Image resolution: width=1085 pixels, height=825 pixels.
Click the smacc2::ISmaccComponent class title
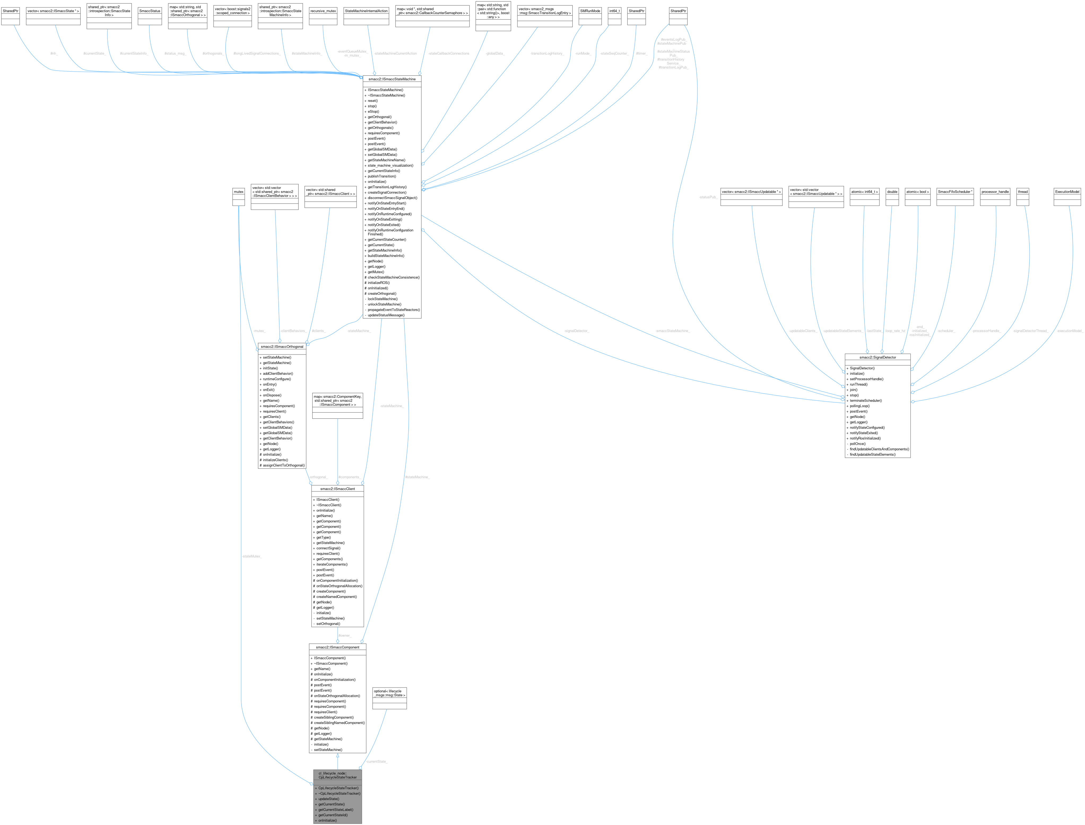tap(337, 647)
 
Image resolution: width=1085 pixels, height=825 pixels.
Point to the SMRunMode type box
tap(590, 11)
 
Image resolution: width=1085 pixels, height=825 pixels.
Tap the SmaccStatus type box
tap(150, 11)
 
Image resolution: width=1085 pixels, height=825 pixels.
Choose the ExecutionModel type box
tap(1067, 192)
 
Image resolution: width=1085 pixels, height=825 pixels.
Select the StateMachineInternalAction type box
tap(366, 11)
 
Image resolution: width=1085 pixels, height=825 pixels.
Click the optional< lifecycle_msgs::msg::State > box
tap(390, 693)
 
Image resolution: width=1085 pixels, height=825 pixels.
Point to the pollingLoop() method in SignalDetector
tap(860, 406)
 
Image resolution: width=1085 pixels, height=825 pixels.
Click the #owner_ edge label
tap(345, 636)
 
